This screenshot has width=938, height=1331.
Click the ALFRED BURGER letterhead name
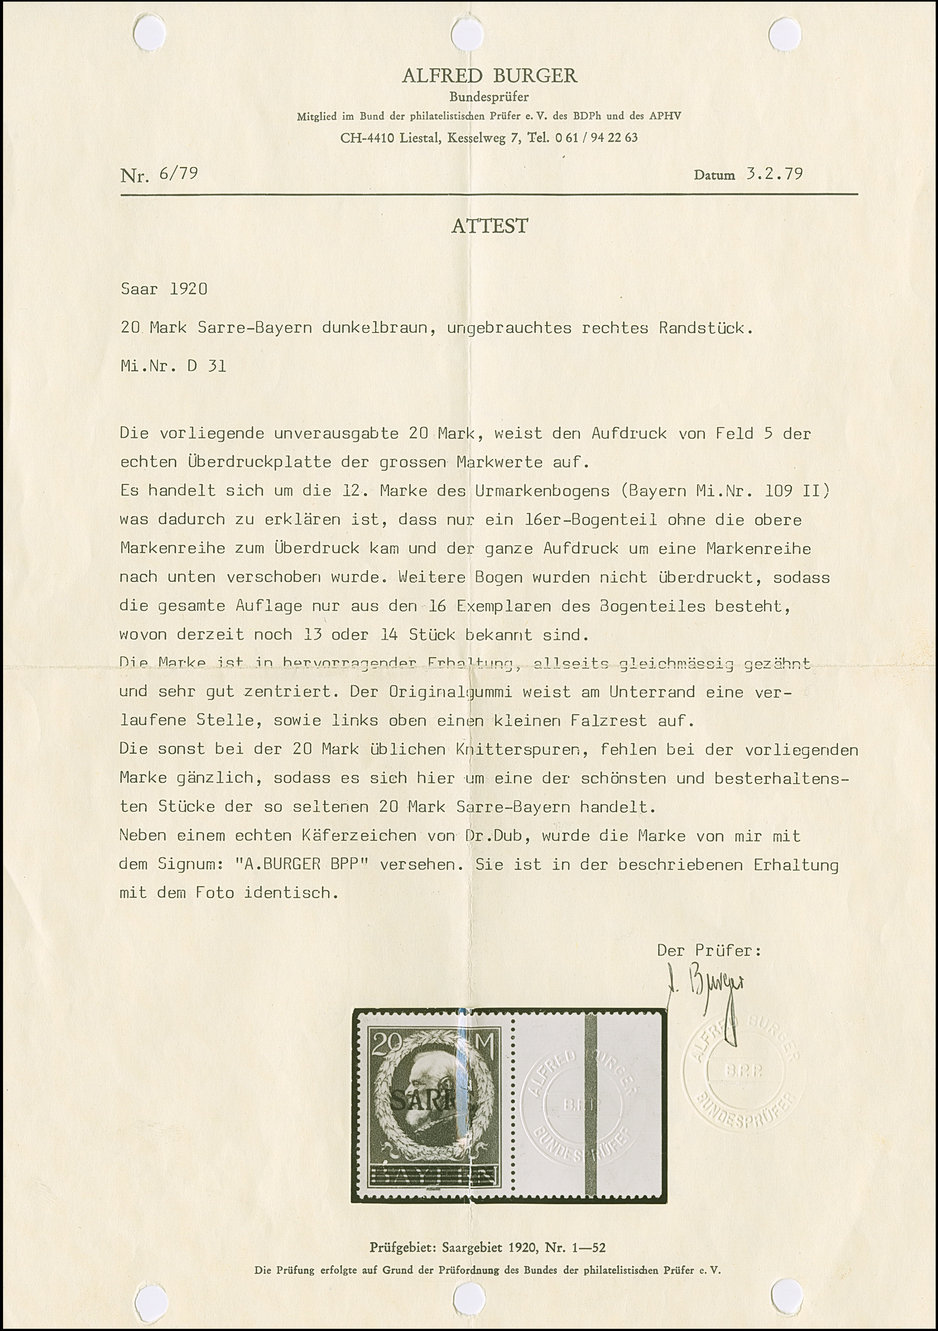coord(489,76)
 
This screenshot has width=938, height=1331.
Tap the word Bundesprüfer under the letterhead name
coord(489,97)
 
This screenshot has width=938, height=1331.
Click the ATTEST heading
coord(490,226)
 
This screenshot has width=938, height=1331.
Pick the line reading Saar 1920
coord(164,289)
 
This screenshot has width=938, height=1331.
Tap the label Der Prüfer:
coord(708,950)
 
